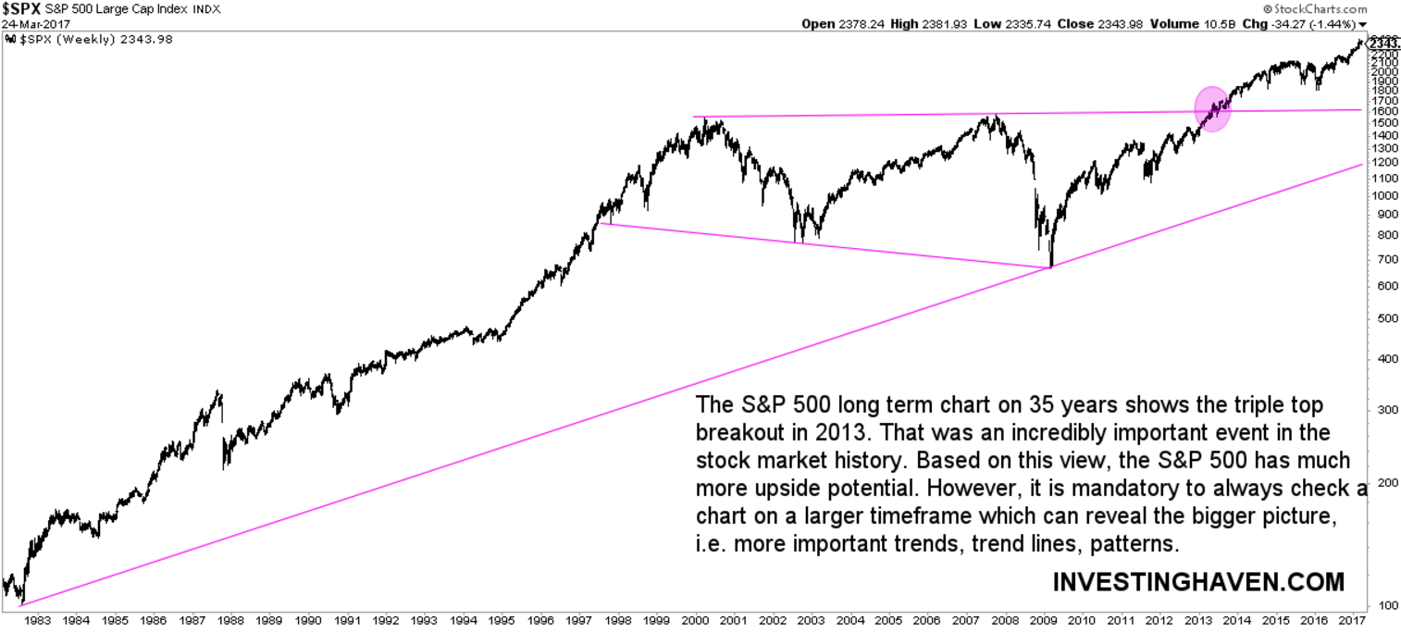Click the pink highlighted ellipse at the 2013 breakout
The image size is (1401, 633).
(1212, 109)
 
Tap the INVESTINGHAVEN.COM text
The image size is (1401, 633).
(1198, 582)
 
